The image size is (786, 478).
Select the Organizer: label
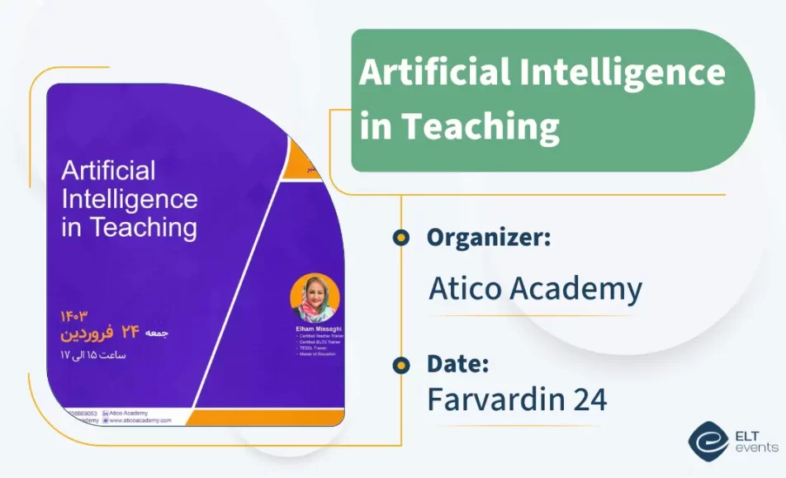489,238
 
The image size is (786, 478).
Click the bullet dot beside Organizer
401,239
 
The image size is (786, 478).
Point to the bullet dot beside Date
401,363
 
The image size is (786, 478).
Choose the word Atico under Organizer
464,289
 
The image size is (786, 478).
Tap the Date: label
459,363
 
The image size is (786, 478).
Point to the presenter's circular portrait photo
315,297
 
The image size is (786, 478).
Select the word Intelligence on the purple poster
130,199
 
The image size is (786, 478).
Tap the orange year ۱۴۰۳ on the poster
73,316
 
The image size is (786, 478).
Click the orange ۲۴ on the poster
131,333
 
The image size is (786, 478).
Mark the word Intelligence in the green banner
623,74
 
